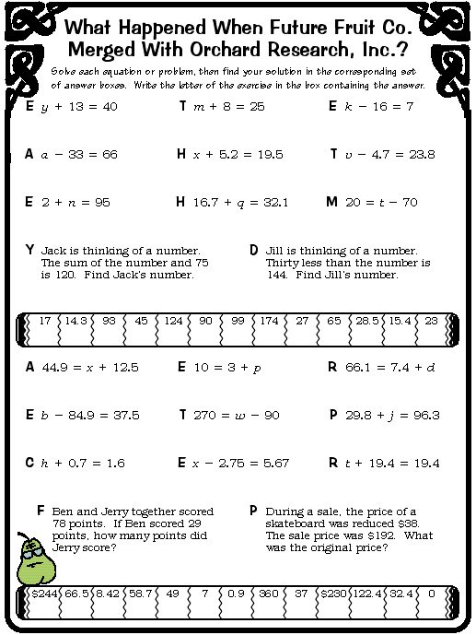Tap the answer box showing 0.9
click(237, 595)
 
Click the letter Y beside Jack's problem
click(30, 250)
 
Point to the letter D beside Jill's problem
click(253, 250)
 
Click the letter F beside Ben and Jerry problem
click(41, 510)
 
